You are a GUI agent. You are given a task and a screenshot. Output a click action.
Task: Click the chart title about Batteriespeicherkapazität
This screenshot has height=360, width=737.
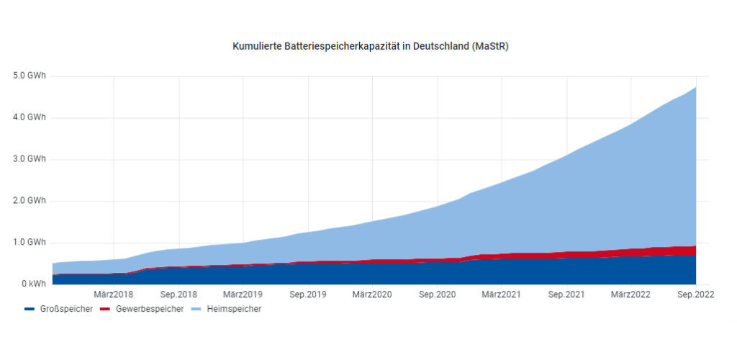(x=371, y=46)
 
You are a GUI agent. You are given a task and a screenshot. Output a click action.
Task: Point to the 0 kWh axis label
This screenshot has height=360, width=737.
(x=32, y=284)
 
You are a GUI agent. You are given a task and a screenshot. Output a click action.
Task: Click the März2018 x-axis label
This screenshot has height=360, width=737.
(x=114, y=294)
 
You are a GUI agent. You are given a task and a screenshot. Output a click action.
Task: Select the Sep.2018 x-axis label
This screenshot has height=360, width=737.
(x=178, y=294)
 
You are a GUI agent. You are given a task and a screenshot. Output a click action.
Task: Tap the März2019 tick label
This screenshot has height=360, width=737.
(x=243, y=294)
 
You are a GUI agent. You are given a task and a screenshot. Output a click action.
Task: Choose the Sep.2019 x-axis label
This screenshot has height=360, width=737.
(x=308, y=294)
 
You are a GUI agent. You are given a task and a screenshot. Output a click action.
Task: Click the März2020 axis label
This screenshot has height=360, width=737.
(x=372, y=294)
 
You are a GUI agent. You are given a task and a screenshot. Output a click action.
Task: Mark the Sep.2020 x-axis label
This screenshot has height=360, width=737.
(x=438, y=294)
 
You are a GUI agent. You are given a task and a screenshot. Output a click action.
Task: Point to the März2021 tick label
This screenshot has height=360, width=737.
(x=502, y=294)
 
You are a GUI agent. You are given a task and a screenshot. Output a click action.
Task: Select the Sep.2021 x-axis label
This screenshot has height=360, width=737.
(x=566, y=294)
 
